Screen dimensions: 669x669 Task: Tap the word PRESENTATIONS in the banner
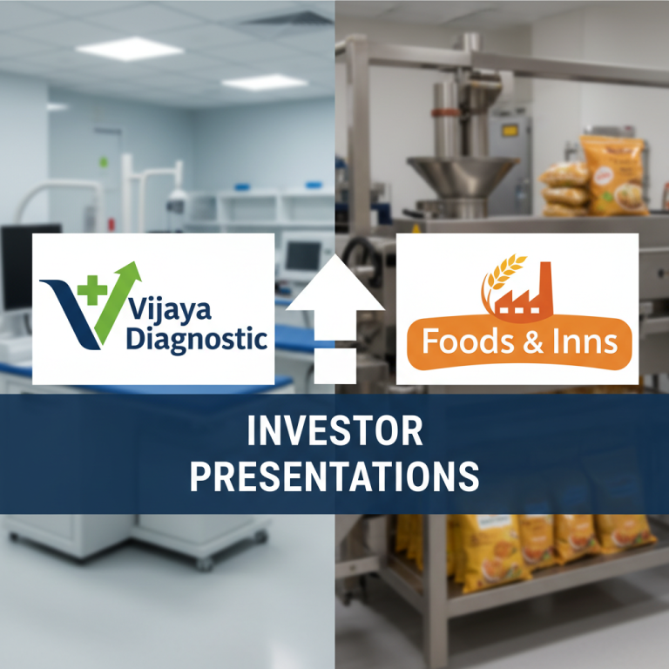click(x=334, y=476)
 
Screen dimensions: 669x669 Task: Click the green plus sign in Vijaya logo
click(x=86, y=286)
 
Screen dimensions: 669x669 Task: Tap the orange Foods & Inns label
click(x=519, y=341)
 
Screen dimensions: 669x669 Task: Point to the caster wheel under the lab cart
click(x=204, y=564)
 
